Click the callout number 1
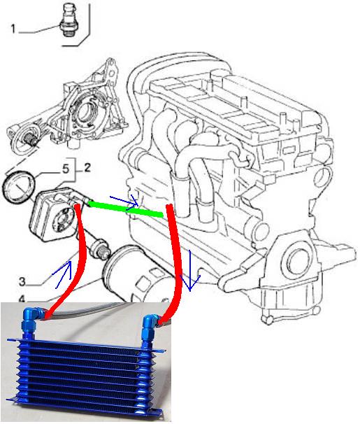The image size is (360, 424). [13, 29]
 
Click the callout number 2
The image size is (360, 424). [87, 168]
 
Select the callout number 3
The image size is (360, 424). [22, 281]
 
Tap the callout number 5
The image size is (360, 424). [66, 169]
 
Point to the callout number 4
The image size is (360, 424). [22, 299]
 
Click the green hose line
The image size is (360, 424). [126, 209]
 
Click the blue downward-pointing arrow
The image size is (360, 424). [190, 271]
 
